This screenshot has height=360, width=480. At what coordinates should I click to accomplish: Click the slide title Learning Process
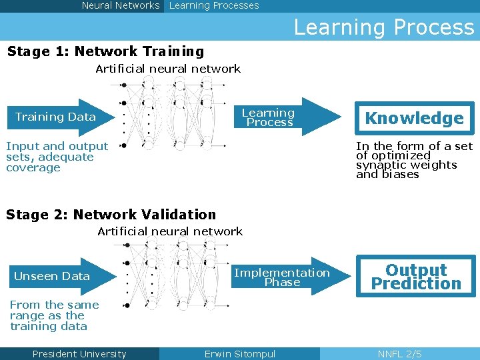[x=383, y=27]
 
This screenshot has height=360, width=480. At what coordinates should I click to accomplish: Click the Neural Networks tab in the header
[x=121, y=5]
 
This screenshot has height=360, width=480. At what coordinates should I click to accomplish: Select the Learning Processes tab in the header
[x=214, y=5]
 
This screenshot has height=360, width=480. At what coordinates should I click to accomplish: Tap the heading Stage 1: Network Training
[x=105, y=51]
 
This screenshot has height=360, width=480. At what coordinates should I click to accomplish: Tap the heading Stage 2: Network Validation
[x=111, y=215]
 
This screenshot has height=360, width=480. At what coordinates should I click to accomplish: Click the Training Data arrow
[x=57, y=117]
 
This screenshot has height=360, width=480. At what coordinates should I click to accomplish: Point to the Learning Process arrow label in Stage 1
[x=268, y=117]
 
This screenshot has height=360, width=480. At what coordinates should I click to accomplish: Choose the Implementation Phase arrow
[x=282, y=277]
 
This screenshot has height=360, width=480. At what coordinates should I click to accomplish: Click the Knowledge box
[x=414, y=119]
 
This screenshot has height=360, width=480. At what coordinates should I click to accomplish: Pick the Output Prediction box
[x=416, y=277]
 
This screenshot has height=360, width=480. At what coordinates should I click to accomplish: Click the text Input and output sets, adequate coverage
[x=57, y=157]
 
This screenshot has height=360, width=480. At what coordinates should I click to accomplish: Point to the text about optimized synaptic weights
[x=413, y=160]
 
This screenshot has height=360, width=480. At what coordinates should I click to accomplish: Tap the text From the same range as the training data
[x=54, y=315]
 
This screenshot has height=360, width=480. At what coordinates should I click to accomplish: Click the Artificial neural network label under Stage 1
[x=168, y=69]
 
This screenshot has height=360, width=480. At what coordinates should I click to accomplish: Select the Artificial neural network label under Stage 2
[x=170, y=231]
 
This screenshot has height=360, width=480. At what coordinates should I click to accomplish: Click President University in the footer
[x=79, y=354]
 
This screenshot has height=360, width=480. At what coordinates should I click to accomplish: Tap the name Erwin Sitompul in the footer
[x=239, y=354]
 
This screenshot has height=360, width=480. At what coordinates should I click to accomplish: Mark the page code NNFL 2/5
[x=399, y=354]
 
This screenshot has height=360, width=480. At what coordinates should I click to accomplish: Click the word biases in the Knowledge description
[x=399, y=175]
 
